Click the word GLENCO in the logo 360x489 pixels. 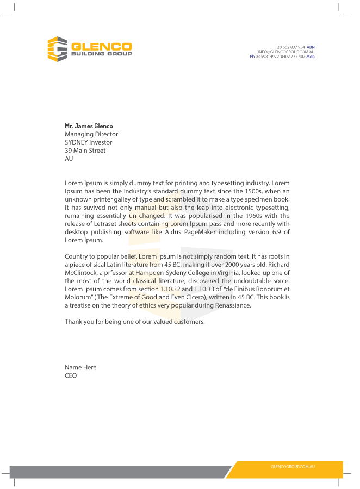click(102, 46)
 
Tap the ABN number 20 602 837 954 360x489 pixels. click(291, 47)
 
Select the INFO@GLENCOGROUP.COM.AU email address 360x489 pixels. click(286, 52)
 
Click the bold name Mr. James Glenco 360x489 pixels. click(89, 126)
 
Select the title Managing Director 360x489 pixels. click(91, 134)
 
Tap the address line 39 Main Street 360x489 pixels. click(85, 151)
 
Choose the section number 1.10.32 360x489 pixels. click(170, 289)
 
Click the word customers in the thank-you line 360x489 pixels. click(189, 322)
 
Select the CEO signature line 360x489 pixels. click(71, 375)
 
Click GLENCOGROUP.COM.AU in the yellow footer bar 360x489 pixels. click(293, 467)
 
